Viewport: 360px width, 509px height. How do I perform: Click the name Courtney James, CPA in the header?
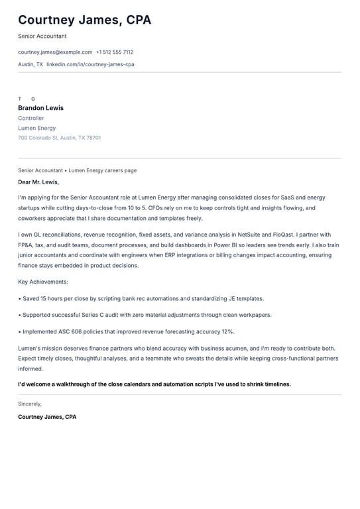[84, 20]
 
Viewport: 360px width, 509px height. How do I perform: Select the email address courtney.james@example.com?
[55, 52]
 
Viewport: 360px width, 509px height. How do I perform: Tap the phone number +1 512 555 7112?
[115, 52]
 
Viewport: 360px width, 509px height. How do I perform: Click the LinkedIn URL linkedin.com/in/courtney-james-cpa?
[90, 64]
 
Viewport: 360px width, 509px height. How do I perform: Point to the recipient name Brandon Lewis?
[40, 108]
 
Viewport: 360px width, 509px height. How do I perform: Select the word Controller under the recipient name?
[31, 118]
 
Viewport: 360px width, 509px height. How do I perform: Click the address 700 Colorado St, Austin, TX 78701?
[60, 138]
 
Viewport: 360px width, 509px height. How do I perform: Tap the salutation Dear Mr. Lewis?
[38, 182]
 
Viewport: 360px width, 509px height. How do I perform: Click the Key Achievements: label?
[43, 282]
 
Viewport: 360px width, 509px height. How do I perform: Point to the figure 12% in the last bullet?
[227, 331]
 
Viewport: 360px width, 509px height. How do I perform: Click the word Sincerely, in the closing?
[30, 403]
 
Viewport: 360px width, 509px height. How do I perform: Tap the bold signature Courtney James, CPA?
[47, 417]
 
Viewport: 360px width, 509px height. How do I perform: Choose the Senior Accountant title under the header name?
[42, 36]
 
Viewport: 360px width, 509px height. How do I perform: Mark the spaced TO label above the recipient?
[27, 99]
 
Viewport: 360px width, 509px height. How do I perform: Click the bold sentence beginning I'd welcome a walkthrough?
[154, 384]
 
